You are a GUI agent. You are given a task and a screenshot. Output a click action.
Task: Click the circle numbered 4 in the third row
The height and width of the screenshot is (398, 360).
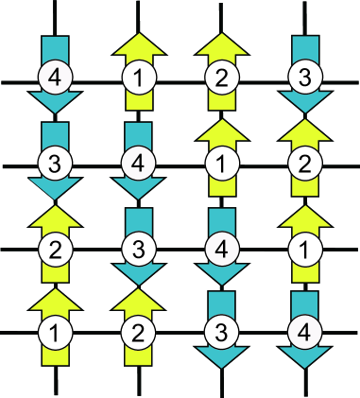[x=220, y=250]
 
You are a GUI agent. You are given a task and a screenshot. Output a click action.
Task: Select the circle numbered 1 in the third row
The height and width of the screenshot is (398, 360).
[x=303, y=250]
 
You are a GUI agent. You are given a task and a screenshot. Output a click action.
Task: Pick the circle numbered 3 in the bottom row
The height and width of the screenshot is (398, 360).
[x=220, y=333]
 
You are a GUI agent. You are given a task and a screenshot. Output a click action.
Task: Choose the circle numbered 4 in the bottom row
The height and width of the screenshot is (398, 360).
[x=303, y=333]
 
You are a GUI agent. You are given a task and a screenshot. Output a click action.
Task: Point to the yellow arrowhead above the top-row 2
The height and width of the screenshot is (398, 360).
[x=220, y=43]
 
